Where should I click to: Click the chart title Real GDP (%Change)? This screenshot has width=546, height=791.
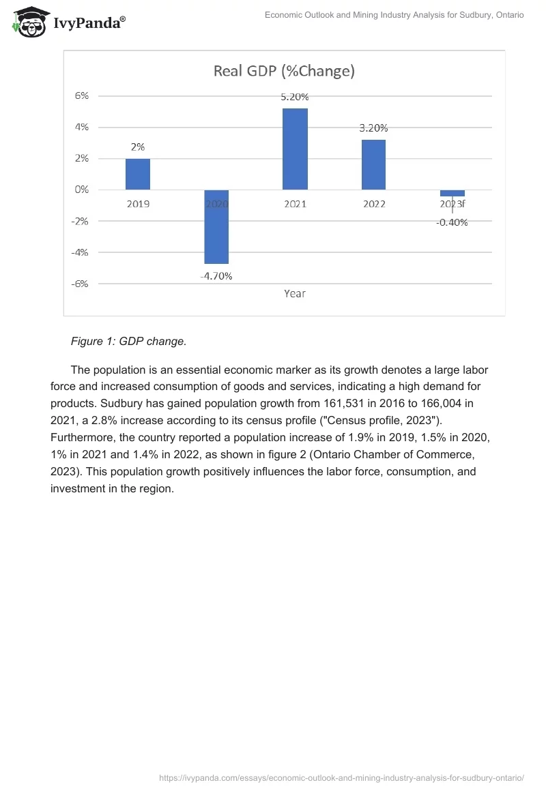tap(284, 71)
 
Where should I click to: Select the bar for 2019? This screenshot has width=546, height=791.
tap(138, 174)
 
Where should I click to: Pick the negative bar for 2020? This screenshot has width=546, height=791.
tap(216, 226)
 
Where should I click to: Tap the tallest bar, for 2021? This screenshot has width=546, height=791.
tap(295, 149)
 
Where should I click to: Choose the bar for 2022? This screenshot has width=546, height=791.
tap(373, 164)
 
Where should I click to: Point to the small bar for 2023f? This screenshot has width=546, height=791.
tap(452, 193)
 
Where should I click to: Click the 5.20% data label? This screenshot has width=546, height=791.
tap(295, 97)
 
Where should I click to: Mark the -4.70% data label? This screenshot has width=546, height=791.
tap(216, 276)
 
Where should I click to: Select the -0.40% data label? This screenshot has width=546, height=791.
tap(452, 222)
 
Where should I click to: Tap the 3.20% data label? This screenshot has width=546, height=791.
tap(373, 128)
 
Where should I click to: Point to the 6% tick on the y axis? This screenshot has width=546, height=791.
tap(82, 96)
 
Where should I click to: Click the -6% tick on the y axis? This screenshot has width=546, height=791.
tap(81, 284)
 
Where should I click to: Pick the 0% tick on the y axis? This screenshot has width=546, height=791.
tap(82, 190)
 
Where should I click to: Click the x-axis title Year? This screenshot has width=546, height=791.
tap(295, 294)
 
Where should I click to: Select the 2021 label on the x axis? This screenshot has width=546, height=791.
tap(295, 204)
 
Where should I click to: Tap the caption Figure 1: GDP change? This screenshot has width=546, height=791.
tap(128, 342)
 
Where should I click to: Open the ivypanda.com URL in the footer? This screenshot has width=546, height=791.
tap(341, 778)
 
